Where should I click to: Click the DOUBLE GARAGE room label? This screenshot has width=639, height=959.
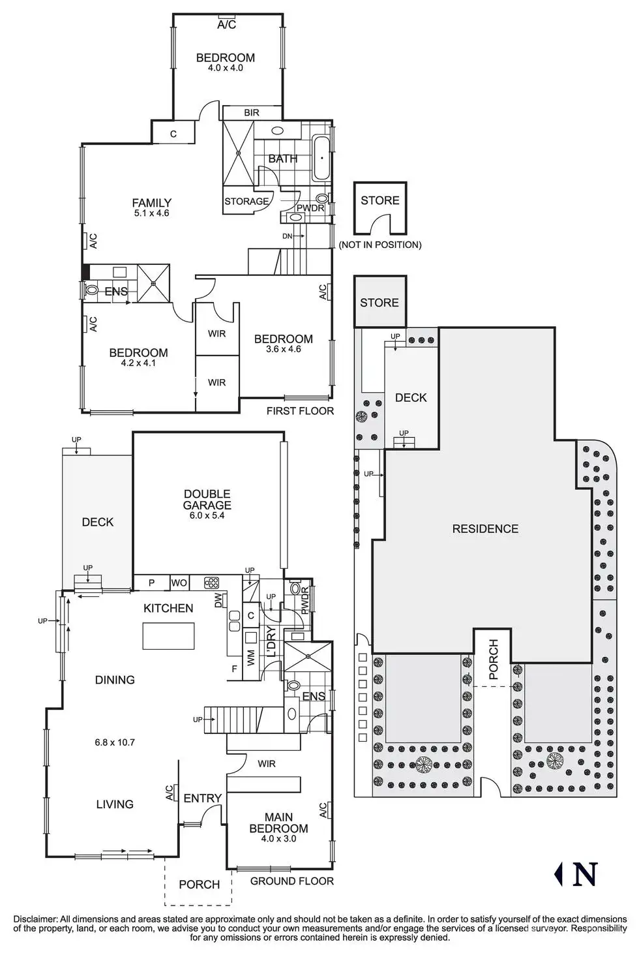tap(207, 500)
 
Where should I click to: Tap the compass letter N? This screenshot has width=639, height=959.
tap(585, 874)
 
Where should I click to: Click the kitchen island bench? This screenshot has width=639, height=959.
tap(168, 635)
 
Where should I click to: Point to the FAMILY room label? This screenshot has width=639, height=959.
tap(151, 203)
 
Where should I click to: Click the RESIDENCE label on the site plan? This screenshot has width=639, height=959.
tap(485, 528)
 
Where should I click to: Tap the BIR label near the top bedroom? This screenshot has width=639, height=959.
tap(252, 113)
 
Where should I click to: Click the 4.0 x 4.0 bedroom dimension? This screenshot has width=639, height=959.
tap(225, 68)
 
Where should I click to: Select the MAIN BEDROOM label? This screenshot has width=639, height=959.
tap(278, 823)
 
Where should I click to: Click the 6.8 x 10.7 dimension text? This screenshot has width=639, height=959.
tap(115, 742)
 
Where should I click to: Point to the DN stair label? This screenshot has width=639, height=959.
tap(288, 236)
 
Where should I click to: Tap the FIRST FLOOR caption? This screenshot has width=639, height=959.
tap(300, 411)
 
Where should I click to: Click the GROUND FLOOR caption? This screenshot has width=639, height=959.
tap(292, 881)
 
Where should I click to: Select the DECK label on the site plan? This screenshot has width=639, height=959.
tap(411, 397)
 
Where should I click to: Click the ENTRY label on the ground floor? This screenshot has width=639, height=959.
tap(202, 798)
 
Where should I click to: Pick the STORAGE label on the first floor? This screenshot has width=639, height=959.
tap(246, 202)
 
